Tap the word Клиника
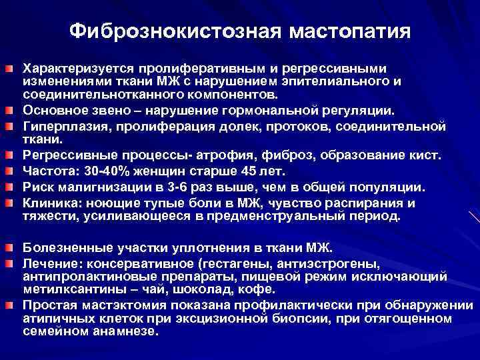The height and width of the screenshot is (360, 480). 49,202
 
